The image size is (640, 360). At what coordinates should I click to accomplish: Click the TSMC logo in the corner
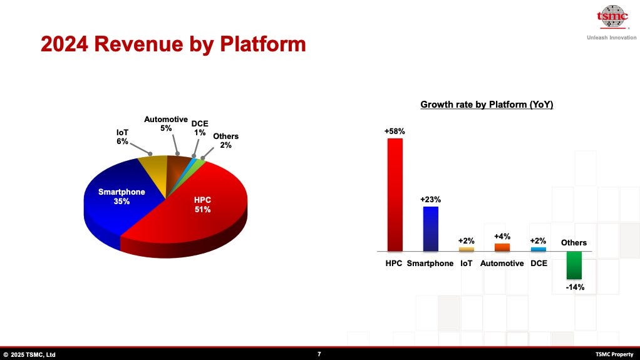612,17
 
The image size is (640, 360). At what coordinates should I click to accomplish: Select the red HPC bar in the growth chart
395,194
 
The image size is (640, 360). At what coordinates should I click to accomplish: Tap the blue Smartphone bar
430,229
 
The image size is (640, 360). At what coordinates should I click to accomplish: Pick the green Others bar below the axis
574,265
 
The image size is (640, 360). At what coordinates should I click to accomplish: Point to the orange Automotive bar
502,247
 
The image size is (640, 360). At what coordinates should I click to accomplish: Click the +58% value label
395,131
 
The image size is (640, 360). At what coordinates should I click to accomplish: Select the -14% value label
574,287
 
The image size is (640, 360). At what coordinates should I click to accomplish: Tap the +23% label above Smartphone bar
430,200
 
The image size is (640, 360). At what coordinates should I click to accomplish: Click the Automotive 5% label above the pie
166,123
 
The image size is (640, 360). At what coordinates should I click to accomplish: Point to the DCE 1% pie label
200,128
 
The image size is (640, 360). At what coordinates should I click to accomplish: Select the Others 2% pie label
225,140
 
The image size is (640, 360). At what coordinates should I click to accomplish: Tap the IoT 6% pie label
122,137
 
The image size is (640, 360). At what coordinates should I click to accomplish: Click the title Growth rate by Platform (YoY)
487,105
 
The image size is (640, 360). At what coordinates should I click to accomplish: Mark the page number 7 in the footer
319,354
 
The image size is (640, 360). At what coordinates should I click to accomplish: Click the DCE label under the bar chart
539,264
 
